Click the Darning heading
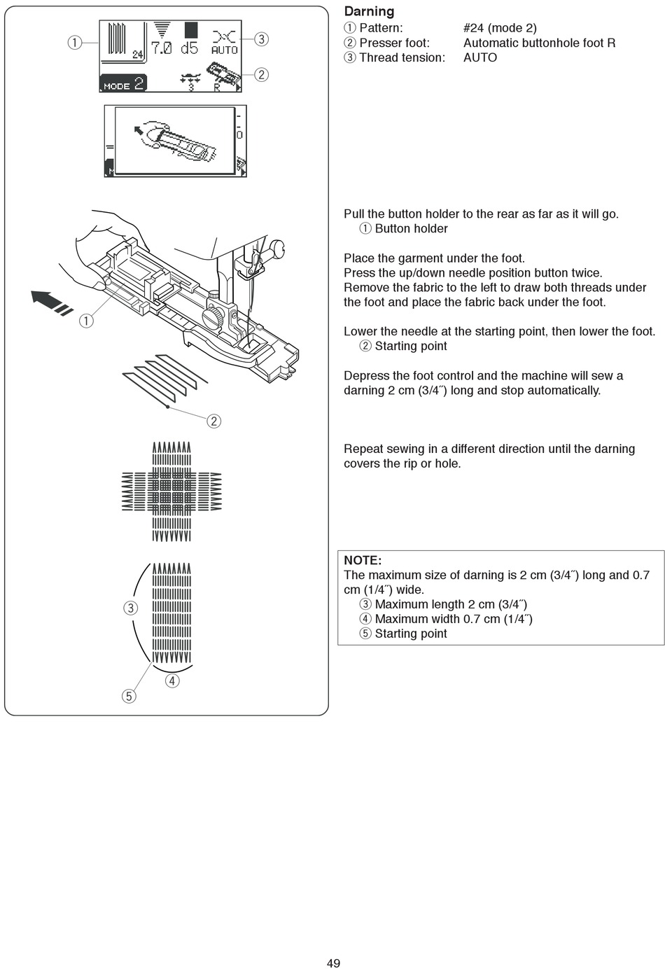tap(369, 11)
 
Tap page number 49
tap(333, 963)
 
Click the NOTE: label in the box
tap(363, 560)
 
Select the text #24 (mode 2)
tap(500, 28)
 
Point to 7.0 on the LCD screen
tap(162, 48)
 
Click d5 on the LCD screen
tap(190, 48)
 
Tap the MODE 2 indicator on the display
tap(123, 83)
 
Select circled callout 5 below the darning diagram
tap(129, 696)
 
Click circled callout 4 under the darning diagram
tap(171, 681)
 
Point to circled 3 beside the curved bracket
tap(131, 608)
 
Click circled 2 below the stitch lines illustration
tap(214, 421)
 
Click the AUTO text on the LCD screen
tap(225, 50)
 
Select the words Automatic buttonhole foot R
tap(539, 43)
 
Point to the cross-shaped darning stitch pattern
tap(171, 491)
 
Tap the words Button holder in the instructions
tap(411, 228)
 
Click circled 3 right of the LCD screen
tap(261, 39)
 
